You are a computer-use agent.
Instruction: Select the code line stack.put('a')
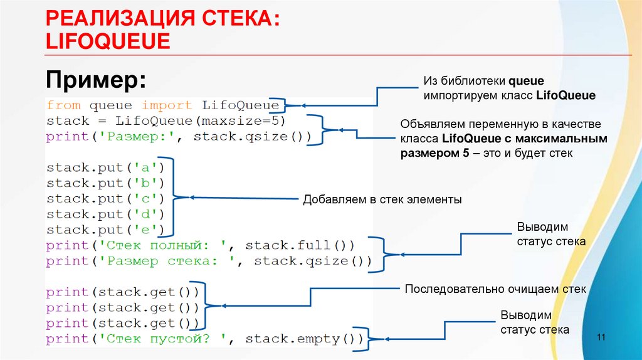point(105,168)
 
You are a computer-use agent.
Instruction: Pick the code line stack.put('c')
point(105,199)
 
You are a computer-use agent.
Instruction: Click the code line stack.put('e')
point(105,230)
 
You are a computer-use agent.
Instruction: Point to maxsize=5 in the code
point(256,120)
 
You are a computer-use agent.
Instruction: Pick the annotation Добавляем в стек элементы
point(382,200)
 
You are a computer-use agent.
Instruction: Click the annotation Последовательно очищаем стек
point(495,290)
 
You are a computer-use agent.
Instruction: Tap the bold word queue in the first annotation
point(526,81)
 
